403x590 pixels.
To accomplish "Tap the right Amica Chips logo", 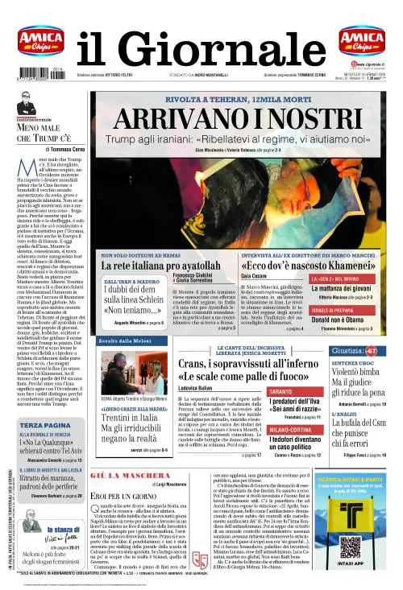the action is pyautogui.click(x=361, y=41).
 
